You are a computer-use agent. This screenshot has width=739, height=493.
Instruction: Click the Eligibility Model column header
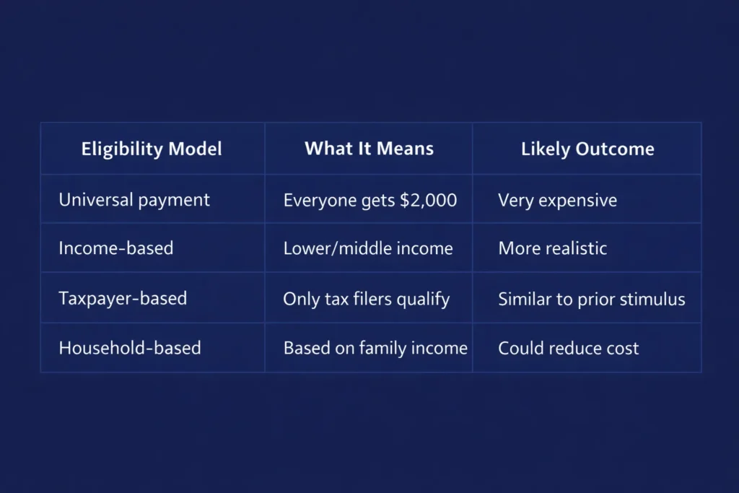click(x=152, y=149)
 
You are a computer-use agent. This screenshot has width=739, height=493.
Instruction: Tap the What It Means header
click(x=369, y=149)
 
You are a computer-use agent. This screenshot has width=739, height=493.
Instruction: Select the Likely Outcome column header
click(x=587, y=149)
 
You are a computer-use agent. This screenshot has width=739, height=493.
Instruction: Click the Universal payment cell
click(x=134, y=200)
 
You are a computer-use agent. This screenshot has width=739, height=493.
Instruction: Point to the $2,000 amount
click(x=429, y=201)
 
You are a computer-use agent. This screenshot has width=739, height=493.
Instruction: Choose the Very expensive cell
click(x=558, y=201)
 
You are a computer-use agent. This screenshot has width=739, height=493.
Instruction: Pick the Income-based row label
click(x=116, y=248)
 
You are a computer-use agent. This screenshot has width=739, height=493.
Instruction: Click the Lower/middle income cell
click(x=368, y=248)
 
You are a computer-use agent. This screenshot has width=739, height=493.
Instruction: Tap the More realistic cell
click(x=552, y=248)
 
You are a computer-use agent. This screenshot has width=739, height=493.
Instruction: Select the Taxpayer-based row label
click(x=123, y=298)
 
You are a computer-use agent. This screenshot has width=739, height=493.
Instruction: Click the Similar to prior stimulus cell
click(x=592, y=300)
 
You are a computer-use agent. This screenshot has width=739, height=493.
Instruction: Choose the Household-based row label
click(x=130, y=348)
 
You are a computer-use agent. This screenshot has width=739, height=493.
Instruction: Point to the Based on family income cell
click(x=375, y=349)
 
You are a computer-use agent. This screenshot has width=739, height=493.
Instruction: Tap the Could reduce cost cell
click(x=569, y=349)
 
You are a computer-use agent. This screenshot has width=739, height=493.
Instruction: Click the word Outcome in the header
click(x=615, y=149)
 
